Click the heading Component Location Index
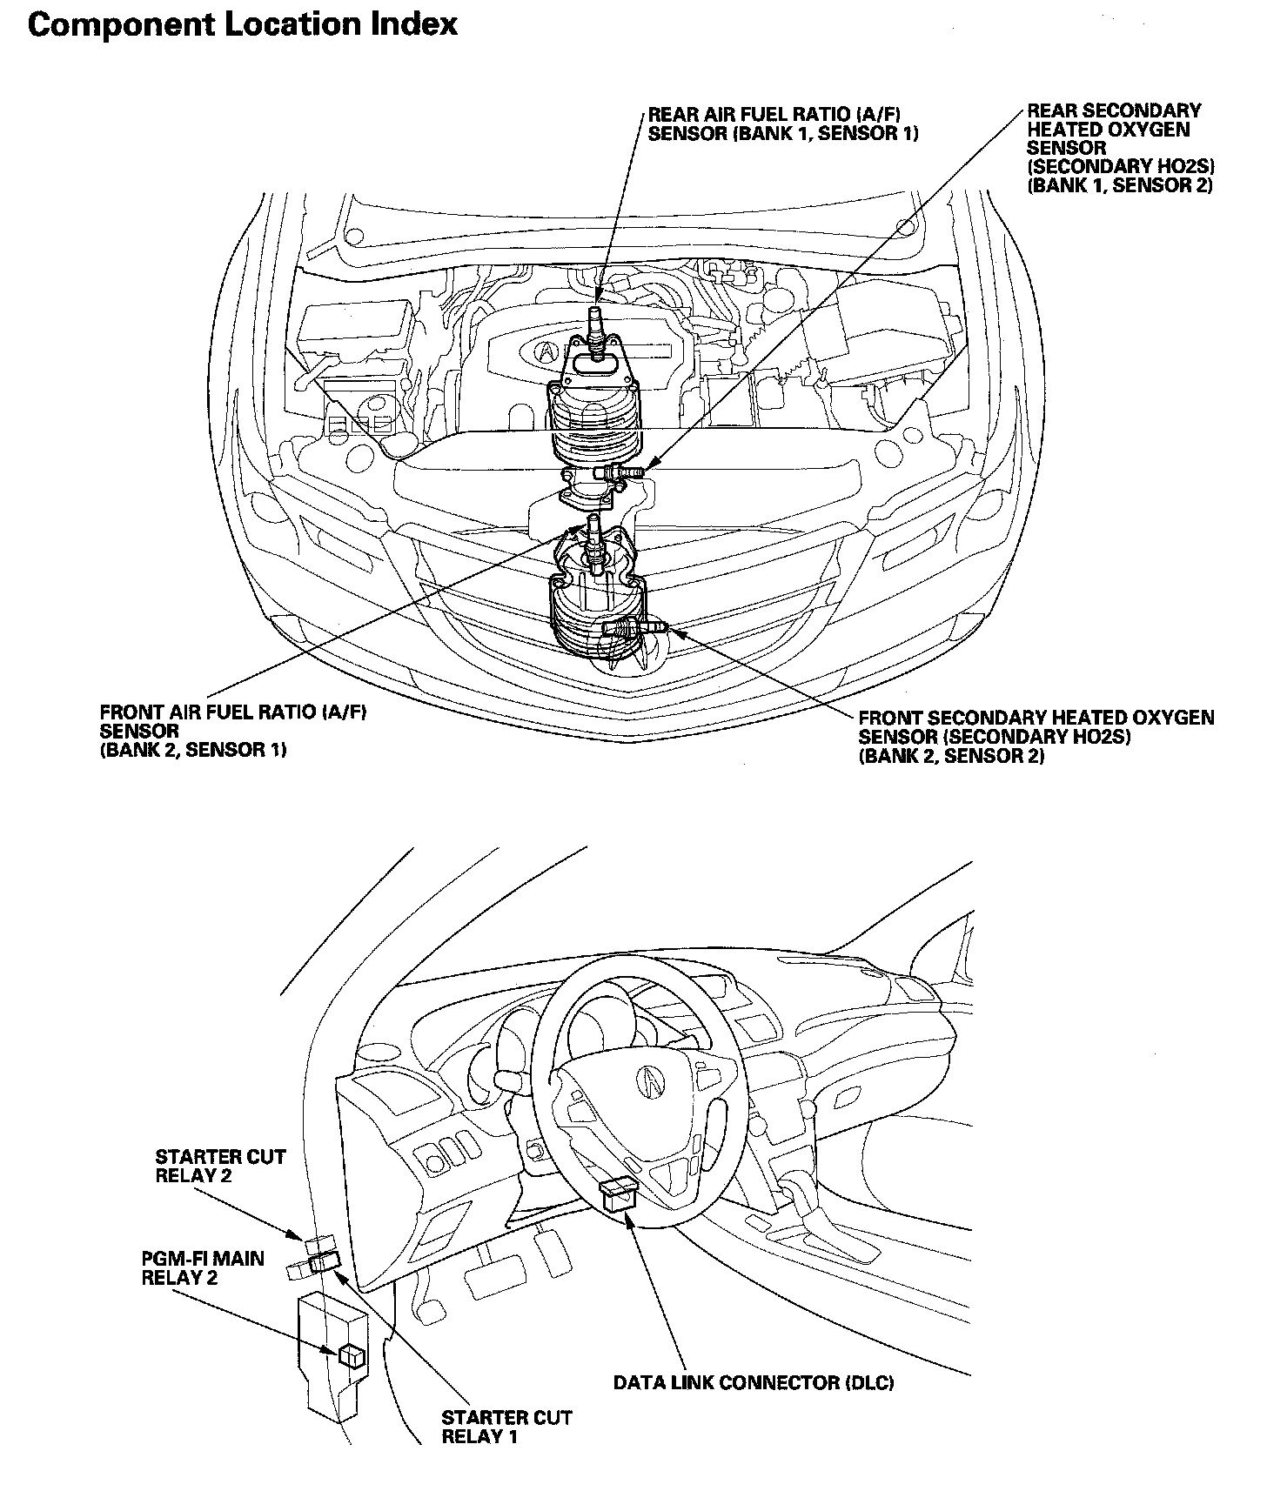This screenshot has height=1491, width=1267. pyautogui.click(x=243, y=24)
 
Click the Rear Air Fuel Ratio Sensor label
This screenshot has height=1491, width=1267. pyautogui.click(x=783, y=124)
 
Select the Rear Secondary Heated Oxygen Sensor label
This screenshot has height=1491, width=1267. pyautogui.click(x=1119, y=148)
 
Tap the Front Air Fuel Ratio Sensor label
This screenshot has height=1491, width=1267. pyautogui.click(x=234, y=732)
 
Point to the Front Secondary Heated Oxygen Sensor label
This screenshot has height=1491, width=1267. pyautogui.click(x=1036, y=737)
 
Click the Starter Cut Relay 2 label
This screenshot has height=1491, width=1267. pyautogui.click(x=220, y=1166)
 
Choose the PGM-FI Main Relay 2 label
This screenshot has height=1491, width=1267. pyautogui.click(x=203, y=1268)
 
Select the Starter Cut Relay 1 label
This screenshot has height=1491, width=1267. pyautogui.click(x=506, y=1427)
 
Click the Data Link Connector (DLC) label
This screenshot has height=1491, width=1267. pyautogui.click(x=754, y=1382)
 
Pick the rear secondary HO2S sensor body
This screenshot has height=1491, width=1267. pyautogui.click(x=620, y=471)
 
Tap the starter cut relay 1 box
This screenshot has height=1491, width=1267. pyautogui.click(x=325, y=1263)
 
